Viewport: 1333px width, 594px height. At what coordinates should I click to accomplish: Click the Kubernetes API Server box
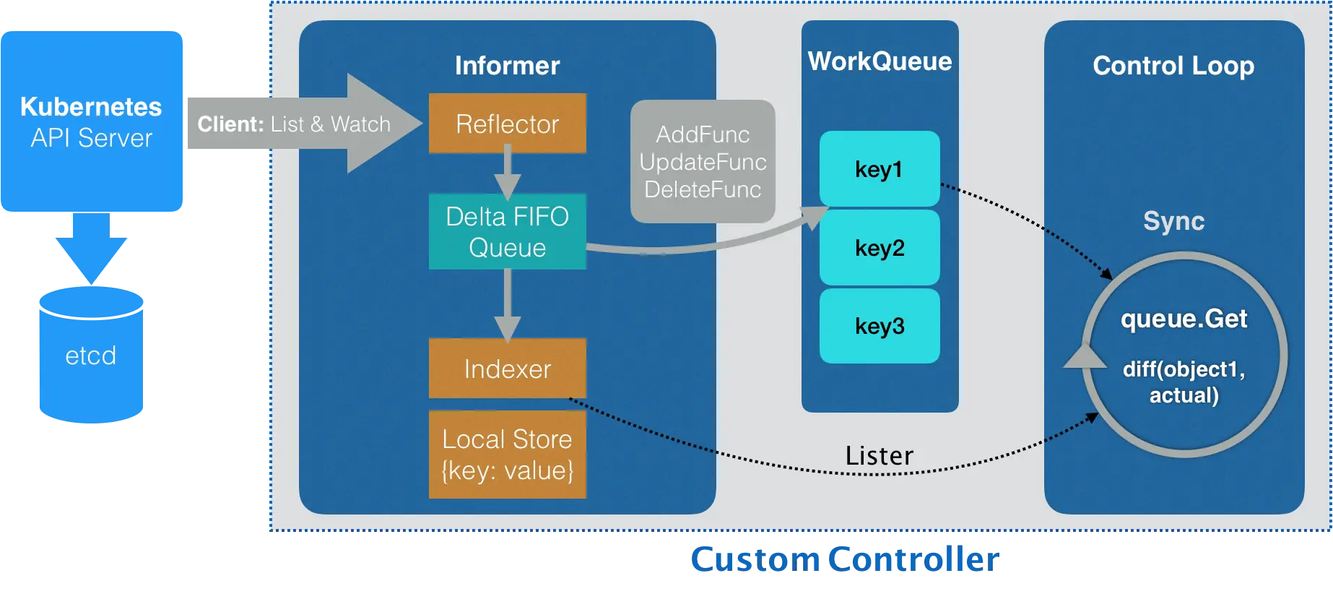click(92, 121)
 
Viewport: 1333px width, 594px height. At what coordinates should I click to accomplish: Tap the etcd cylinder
click(90, 356)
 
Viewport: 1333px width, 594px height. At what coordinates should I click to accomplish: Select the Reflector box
click(507, 124)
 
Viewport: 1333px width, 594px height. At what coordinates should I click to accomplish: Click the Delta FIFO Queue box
click(507, 232)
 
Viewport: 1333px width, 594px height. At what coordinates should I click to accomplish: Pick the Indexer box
click(507, 369)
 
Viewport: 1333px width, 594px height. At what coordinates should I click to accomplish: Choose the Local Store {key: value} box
click(507, 455)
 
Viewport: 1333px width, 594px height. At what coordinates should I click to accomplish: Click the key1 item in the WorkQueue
click(879, 169)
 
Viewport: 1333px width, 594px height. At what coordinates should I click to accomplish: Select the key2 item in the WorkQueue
click(879, 248)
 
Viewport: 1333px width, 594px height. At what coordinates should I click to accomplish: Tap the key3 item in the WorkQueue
click(879, 326)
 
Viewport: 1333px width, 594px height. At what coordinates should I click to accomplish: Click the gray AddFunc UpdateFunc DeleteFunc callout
click(703, 162)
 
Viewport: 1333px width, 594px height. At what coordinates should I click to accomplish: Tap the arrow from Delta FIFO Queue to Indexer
click(507, 304)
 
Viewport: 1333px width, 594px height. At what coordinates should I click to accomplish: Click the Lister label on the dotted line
click(879, 456)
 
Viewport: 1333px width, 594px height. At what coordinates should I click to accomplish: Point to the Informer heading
click(507, 66)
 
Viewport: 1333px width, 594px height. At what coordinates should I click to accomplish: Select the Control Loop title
click(1173, 66)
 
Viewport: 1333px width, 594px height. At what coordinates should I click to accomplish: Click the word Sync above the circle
click(1173, 221)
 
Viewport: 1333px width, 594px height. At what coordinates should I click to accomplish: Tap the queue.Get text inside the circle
click(1184, 319)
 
